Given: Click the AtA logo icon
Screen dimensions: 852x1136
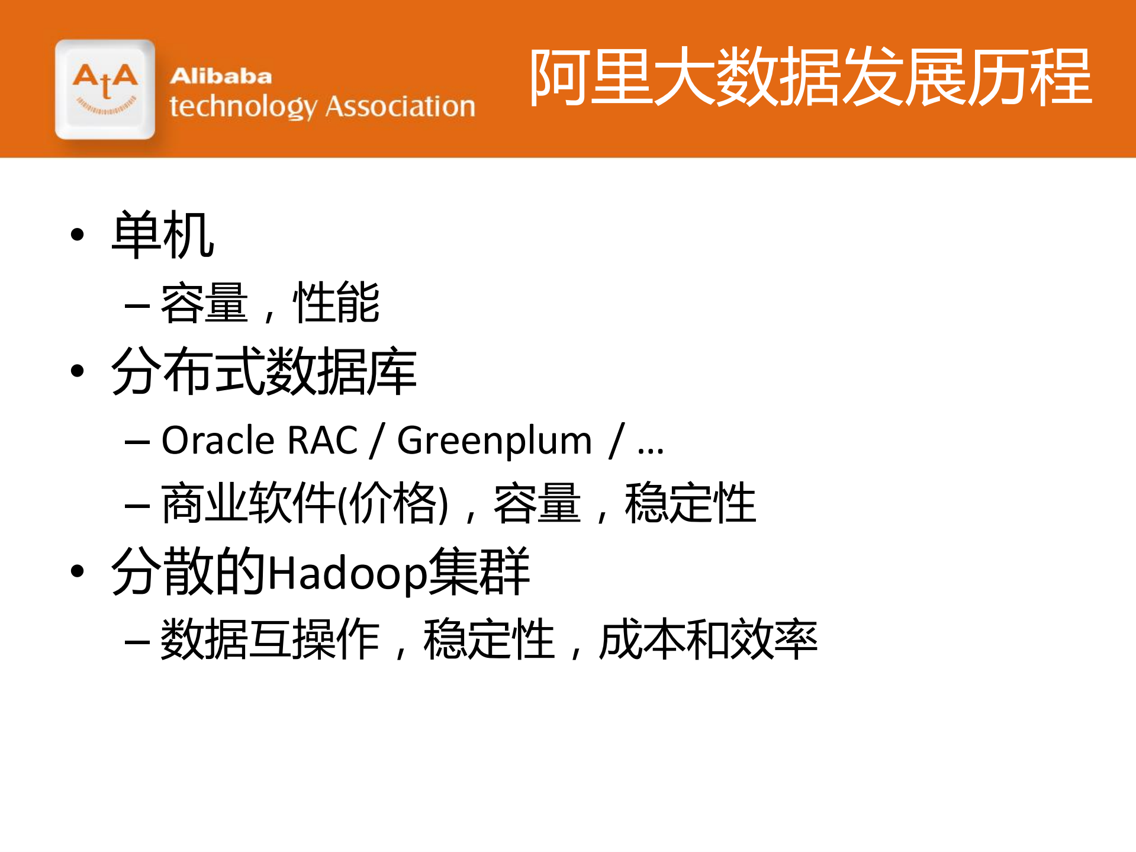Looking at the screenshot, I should point(105,89).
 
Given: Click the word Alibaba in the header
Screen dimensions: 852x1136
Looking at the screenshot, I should point(221,76).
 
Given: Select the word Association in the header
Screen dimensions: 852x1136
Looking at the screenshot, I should point(400,107).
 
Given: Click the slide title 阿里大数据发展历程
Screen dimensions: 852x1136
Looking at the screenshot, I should point(810,78).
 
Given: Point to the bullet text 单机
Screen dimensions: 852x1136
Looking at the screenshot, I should point(163,235).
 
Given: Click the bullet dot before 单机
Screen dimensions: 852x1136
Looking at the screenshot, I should point(77,235).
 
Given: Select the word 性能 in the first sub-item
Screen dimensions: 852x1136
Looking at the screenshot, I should point(336,303).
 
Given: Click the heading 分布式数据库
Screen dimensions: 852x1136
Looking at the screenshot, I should point(264,371).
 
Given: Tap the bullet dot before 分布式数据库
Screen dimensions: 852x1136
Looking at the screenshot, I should point(77,371).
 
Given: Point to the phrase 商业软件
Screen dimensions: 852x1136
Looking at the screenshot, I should point(249,503).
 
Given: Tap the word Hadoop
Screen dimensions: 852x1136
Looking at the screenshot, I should point(347,573).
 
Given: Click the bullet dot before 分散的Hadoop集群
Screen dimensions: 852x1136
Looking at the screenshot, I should point(77,571).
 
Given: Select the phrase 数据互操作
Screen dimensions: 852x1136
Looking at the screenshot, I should point(270,639).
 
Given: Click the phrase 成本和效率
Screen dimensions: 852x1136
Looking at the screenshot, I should point(708,639).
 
